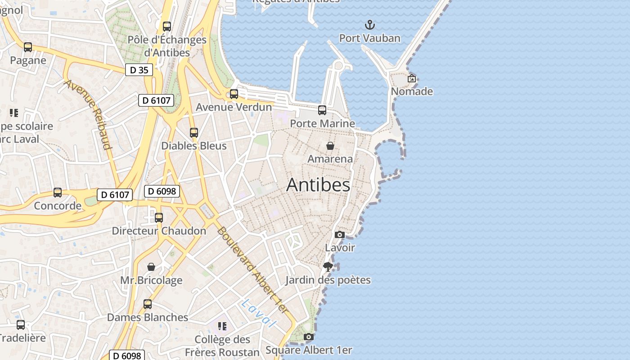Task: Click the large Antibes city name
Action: [318, 184]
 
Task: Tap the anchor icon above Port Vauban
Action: [369, 25]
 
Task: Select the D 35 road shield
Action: [139, 70]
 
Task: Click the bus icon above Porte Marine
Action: [322, 110]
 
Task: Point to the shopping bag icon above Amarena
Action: [330, 146]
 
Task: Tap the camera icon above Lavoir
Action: [340, 234]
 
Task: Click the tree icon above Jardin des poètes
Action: [328, 267]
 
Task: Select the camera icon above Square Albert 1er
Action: [308, 337]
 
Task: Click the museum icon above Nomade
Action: [411, 78]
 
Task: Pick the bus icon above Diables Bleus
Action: [194, 133]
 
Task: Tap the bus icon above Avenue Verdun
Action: [234, 94]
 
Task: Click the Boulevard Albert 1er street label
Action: [252, 270]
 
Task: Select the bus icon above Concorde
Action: [58, 193]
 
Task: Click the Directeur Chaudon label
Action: [159, 231]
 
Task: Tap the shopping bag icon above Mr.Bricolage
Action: [151, 267]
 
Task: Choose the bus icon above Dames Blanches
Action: [148, 304]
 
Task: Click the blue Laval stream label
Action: [257, 313]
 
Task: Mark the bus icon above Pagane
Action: [28, 47]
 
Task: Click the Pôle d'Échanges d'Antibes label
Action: [167, 46]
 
